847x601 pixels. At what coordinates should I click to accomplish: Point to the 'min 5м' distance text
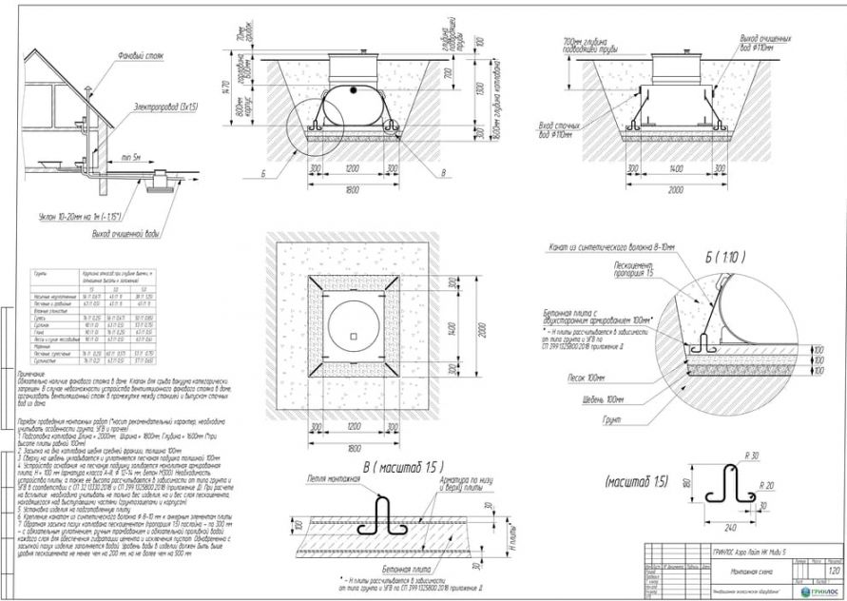point(129,156)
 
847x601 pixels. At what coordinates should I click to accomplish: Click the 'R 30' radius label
point(754,457)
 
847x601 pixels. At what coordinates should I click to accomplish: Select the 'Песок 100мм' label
point(588,377)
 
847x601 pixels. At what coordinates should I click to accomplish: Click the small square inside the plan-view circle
point(353,337)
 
